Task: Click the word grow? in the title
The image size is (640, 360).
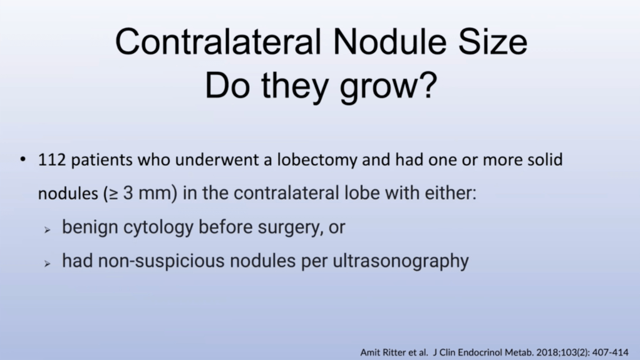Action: pos(388,86)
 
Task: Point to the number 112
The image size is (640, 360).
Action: pos(52,160)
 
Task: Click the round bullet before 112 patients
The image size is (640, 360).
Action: pos(23,159)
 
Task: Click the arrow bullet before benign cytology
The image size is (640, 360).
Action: pos(48,230)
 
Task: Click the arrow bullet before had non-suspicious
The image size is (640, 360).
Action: pos(48,264)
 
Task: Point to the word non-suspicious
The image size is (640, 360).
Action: pos(161,261)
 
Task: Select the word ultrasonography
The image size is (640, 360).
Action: pos(401,261)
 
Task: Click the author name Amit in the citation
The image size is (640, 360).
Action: pos(369,352)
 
